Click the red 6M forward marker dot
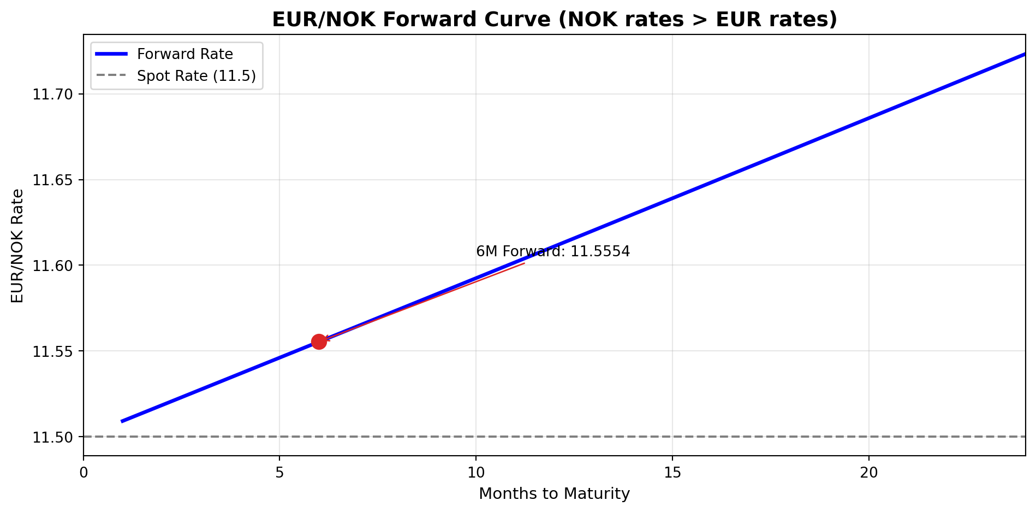click(x=319, y=342)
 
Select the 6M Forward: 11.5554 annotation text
click(x=553, y=251)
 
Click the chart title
click(x=554, y=20)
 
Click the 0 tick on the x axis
click(x=84, y=472)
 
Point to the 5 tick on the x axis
click(x=279, y=472)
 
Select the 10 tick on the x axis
click(x=476, y=472)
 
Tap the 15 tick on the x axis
click(x=672, y=472)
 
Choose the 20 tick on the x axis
click(x=868, y=472)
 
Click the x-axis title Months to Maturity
click(x=554, y=494)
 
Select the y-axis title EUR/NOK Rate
click(x=17, y=245)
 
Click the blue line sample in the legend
click(x=111, y=54)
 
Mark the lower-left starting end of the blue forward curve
click(x=123, y=421)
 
